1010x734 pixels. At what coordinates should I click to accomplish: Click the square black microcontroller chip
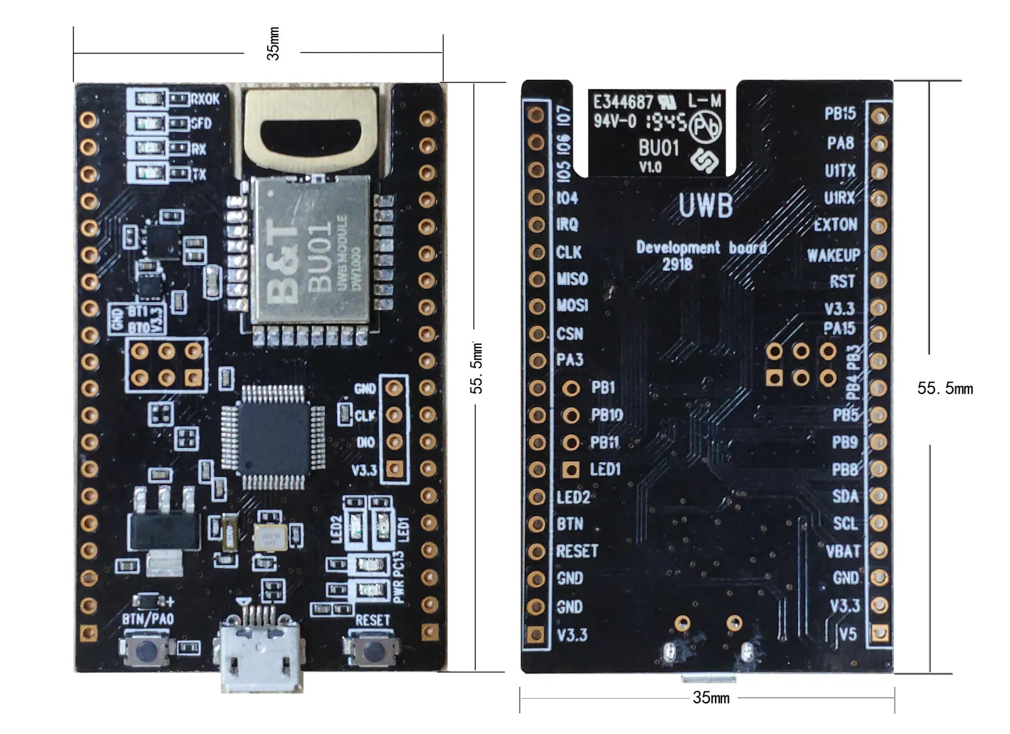(274, 437)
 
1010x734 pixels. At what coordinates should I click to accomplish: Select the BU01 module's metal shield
(309, 249)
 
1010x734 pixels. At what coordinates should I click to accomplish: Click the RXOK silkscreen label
(205, 99)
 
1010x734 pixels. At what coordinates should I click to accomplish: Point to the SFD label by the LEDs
(201, 124)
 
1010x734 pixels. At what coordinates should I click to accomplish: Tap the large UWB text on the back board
(705, 205)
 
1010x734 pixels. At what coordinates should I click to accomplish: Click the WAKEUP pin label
(833, 255)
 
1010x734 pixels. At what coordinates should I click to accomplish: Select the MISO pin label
(572, 279)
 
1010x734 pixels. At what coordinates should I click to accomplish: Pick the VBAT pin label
(842, 552)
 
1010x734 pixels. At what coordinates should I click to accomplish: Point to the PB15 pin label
(840, 114)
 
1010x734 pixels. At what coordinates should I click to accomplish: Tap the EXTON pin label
(835, 225)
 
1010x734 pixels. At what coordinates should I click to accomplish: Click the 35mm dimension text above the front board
(273, 44)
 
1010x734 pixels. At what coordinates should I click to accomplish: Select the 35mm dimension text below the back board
(711, 698)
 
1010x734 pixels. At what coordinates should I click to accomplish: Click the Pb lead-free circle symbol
(705, 128)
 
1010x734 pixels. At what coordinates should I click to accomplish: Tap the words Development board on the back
(701, 248)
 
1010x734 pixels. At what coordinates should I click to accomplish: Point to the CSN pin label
(569, 334)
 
